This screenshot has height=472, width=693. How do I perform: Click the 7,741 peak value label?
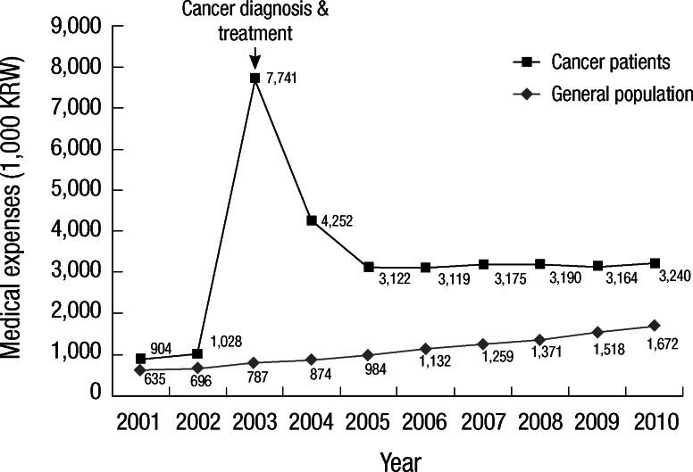click(x=281, y=79)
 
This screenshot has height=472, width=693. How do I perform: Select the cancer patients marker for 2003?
click(x=255, y=79)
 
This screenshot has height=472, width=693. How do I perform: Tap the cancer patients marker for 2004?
click(x=312, y=220)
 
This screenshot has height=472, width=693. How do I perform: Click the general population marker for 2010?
click(x=655, y=326)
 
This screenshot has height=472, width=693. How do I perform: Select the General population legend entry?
click(x=621, y=93)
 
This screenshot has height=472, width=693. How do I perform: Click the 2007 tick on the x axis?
click(x=483, y=421)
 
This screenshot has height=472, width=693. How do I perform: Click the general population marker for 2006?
click(x=426, y=348)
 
